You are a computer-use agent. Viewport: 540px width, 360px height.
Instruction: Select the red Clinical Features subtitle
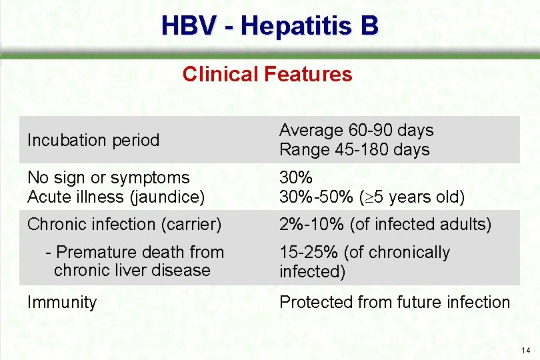[x=267, y=73]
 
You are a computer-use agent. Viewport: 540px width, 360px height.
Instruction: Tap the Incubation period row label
[x=93, y=140]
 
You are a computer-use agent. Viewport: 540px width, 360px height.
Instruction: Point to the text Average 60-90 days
[x=356, y=130]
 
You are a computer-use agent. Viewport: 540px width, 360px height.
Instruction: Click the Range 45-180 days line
[x=354, y=150]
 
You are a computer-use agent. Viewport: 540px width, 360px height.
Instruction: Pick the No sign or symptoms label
[x=108, y=178]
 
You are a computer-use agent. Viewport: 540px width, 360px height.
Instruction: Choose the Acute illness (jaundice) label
[x=115, y=197]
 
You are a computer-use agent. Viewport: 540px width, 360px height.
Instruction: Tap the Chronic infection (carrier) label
[x=124, y=225]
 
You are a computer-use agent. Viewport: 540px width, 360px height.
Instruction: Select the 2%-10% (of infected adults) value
[x=385, y=225]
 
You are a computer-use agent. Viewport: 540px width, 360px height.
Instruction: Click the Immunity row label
[x=62, y=302]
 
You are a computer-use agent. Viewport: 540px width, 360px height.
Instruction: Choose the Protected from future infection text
[x=394, y=302]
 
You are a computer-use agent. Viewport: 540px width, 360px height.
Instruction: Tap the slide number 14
[x=526, y=350]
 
